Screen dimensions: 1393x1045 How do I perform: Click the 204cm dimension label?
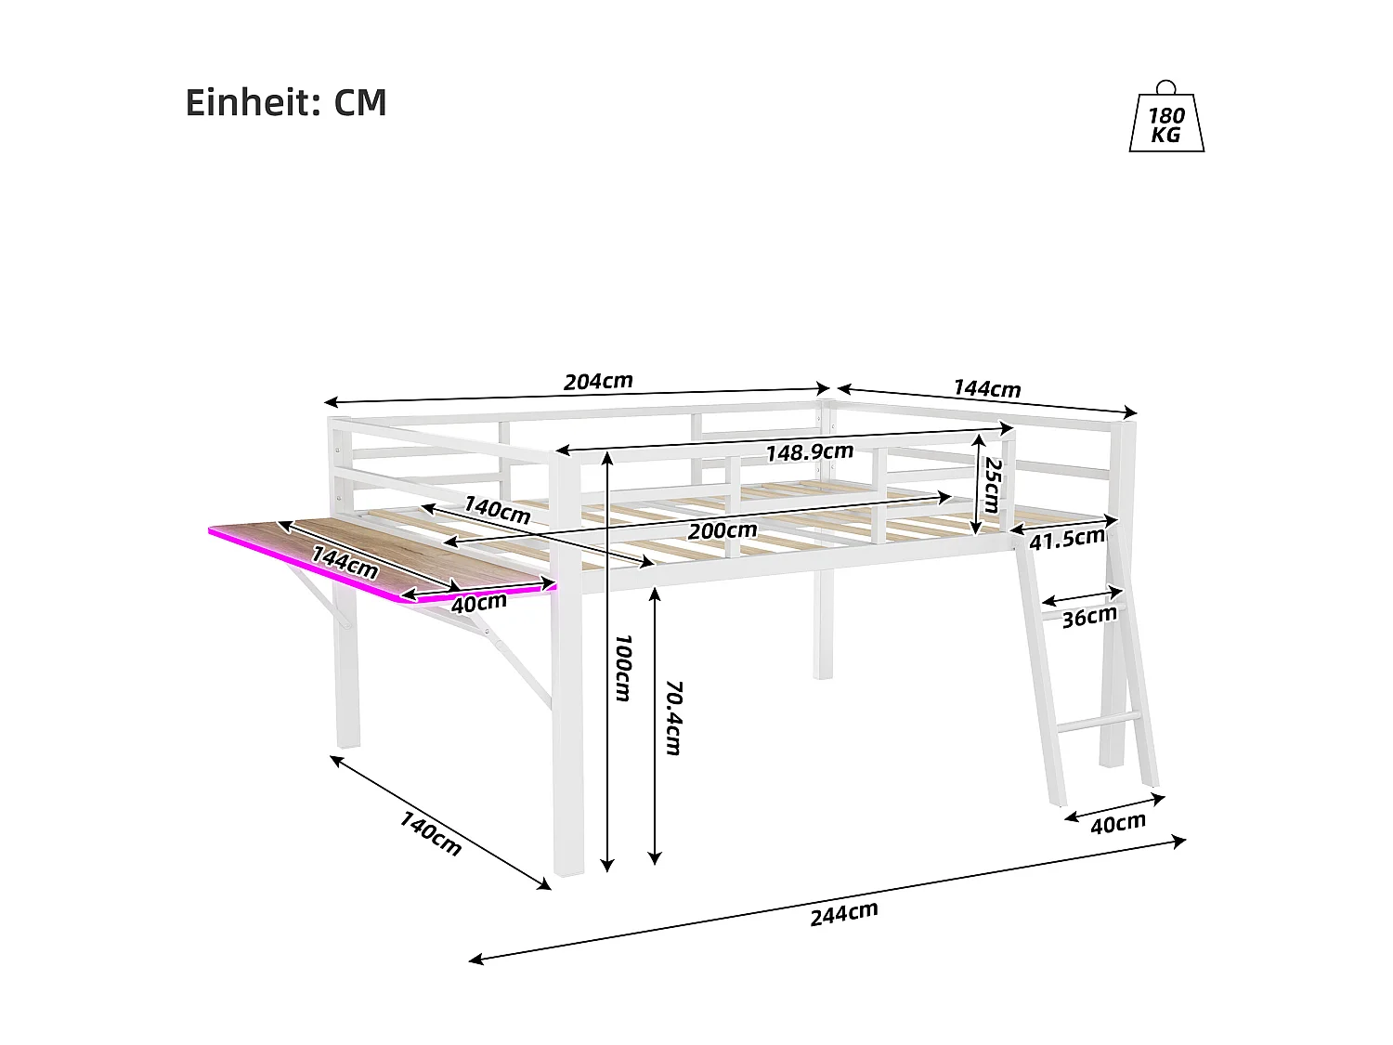[598, 381]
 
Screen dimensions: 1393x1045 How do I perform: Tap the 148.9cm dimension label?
[809, 452]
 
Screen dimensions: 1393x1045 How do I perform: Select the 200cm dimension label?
[722, 531]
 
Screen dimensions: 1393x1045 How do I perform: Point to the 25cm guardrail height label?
[992, 485]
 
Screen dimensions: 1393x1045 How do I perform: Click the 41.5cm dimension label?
[1066, 539]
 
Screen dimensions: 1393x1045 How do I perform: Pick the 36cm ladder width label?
[1088, 617]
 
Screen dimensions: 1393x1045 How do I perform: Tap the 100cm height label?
[622, 668]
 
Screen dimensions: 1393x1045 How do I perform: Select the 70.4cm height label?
[673, 717]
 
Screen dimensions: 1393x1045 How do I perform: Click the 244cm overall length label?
[843, 913]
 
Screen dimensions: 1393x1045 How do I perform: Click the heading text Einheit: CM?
[286, 102]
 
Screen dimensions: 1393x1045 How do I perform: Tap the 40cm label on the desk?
[478, 603]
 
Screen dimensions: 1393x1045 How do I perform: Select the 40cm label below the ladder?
[1117, 824]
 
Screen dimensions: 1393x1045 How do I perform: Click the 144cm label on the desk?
[345, 562]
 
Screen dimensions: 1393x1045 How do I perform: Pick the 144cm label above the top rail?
[986, 388]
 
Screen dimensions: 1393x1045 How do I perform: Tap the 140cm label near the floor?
[430, 833]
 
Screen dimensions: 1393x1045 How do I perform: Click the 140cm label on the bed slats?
[497, 509]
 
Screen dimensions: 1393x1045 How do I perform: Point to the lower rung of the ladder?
[1096, 723]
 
